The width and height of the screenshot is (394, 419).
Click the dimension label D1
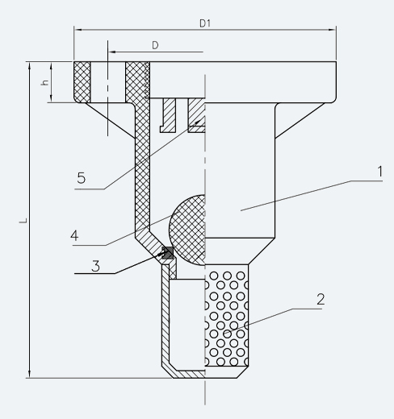[205, 23]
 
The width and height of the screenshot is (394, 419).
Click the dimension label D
[155, 45]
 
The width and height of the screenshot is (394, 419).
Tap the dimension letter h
[45, 82]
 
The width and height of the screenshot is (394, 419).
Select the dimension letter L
[23, 220]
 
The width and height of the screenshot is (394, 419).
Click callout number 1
[379, 172]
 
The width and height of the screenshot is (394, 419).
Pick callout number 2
[321, 299]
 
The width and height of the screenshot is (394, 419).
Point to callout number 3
[95, 266]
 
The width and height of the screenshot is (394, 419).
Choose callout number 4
[74, 235]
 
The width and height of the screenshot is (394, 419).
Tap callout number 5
[82, 178]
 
